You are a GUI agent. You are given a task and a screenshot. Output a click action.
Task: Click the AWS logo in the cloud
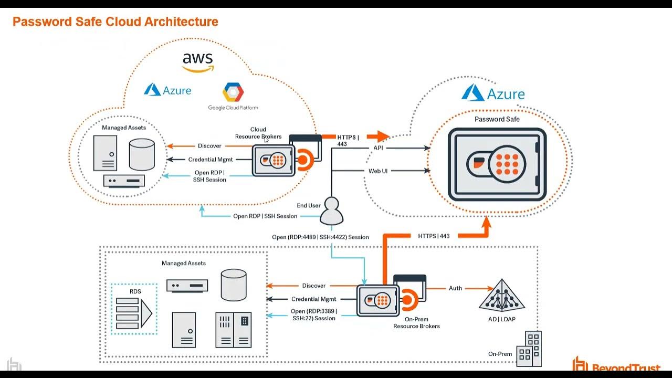tap(198, 62)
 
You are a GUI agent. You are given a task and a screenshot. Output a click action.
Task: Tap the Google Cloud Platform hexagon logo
tap(233, 93)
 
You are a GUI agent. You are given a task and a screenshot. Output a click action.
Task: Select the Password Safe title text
tap(497, 119)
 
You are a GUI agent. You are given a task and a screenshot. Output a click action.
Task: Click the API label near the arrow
tap(378, 148)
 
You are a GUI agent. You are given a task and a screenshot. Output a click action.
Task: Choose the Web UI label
tap(378, 171)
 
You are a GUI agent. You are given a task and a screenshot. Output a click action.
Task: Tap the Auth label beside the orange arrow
tap(455, 288)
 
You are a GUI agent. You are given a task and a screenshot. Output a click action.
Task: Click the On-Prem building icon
tap(529, 349)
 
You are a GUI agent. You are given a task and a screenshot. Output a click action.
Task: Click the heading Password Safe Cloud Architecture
tap(115, 22)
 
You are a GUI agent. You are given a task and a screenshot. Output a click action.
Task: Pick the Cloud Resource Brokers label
tap(258, 133)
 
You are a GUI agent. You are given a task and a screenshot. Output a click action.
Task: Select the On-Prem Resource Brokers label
tap(416, 322)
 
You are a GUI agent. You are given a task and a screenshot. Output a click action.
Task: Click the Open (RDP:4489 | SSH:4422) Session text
tap(320, 237)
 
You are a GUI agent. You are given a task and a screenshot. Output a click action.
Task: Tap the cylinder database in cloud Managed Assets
tap(142, 154)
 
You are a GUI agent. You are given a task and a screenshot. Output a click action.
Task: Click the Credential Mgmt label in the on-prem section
tap(313, 299)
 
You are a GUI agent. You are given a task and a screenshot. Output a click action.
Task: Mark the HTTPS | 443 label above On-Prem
tap(434, 236)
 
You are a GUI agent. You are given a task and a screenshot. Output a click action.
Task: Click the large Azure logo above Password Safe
tap(493, 93)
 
